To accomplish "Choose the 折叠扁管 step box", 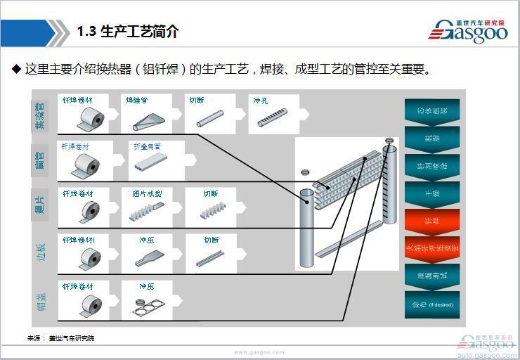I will (x=156, y=160).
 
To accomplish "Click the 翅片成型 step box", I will (x=147, y=206).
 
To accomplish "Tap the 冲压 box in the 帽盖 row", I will (x=147, y=300).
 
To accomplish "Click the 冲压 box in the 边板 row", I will (x=147, y=253).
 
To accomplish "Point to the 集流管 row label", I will (x=41, y=115).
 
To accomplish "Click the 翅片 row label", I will (x=41, y=206).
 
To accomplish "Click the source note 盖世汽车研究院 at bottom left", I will (x=70, y=338).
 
